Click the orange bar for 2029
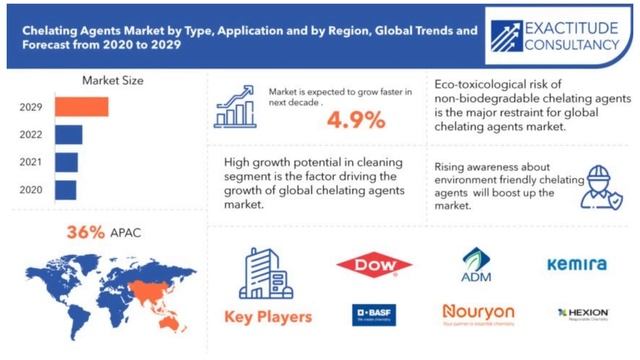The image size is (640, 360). [81, 107]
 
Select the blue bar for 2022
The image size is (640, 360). [69, 134]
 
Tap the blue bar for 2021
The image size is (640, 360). [66, 162]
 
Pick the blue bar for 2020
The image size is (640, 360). [65, 189]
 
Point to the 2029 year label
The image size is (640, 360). [30, 107]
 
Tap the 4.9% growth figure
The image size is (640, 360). [355, 120]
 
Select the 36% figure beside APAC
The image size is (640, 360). [85, 231]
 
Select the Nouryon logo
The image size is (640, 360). [477, 314]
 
